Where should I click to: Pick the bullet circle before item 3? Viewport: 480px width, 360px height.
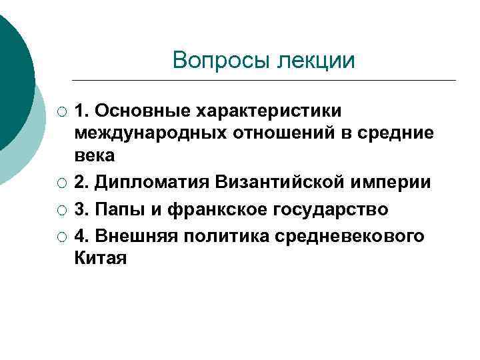(61, 210)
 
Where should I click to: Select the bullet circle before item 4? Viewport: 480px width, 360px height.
(61, 236)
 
